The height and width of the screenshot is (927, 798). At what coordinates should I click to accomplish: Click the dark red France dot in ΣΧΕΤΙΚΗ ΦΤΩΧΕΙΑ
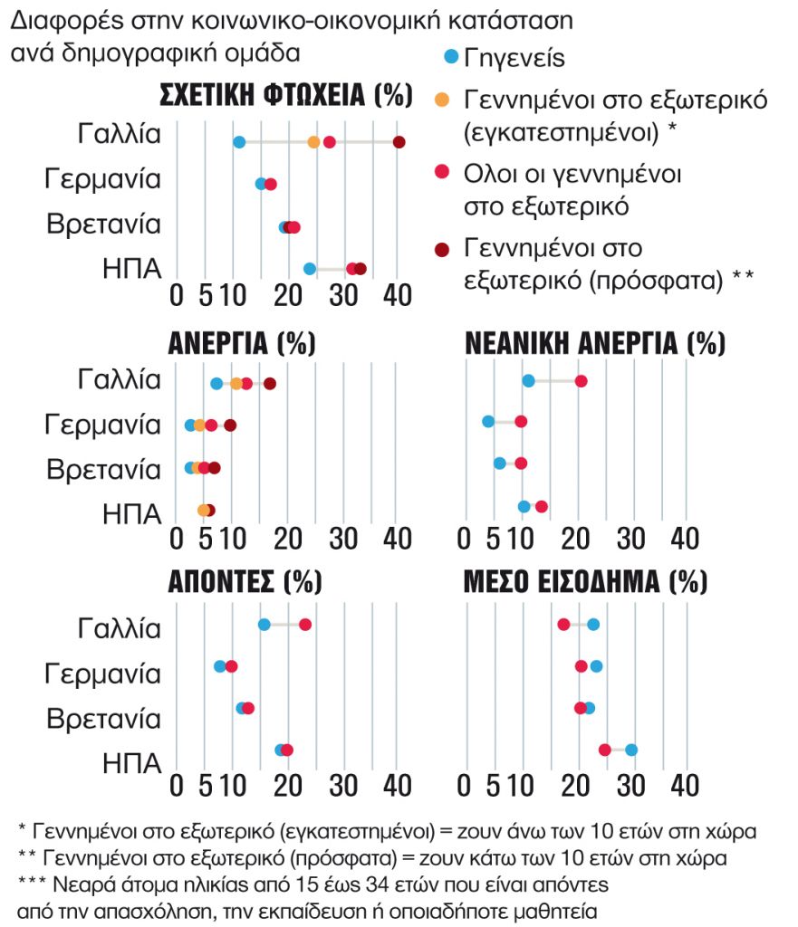pos(399,142)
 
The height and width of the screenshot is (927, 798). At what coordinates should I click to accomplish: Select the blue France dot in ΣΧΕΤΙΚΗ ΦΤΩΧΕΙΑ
pos(239,142)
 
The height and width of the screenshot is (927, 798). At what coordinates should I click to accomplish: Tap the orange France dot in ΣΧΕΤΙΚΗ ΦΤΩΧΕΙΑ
pos(313,142)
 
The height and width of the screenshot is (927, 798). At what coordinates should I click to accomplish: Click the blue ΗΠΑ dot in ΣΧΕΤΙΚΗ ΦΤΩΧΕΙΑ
pos(309,269)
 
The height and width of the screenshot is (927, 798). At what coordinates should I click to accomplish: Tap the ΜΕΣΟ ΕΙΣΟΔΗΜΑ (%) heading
pos(585,581)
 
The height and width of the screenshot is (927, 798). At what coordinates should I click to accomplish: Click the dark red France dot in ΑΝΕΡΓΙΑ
pos(269,384)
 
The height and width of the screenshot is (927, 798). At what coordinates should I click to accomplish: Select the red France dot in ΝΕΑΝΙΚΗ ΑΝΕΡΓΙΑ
pos(581,381)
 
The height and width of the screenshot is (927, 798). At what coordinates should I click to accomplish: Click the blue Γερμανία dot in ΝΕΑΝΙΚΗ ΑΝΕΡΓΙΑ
pos(488,422)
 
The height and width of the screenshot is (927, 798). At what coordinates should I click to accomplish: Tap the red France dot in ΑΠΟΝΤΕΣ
pos(305,625)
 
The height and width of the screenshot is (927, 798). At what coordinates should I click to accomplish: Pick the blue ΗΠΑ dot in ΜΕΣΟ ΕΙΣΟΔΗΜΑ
pos(631,750)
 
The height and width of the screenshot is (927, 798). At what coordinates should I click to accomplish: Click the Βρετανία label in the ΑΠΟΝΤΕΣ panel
pos(103,720)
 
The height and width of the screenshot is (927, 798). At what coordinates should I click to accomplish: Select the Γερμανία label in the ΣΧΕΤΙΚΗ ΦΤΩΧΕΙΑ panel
pos(103,179)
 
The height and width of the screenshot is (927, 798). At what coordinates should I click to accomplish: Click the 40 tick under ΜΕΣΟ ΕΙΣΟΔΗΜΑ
pos(685,784)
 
